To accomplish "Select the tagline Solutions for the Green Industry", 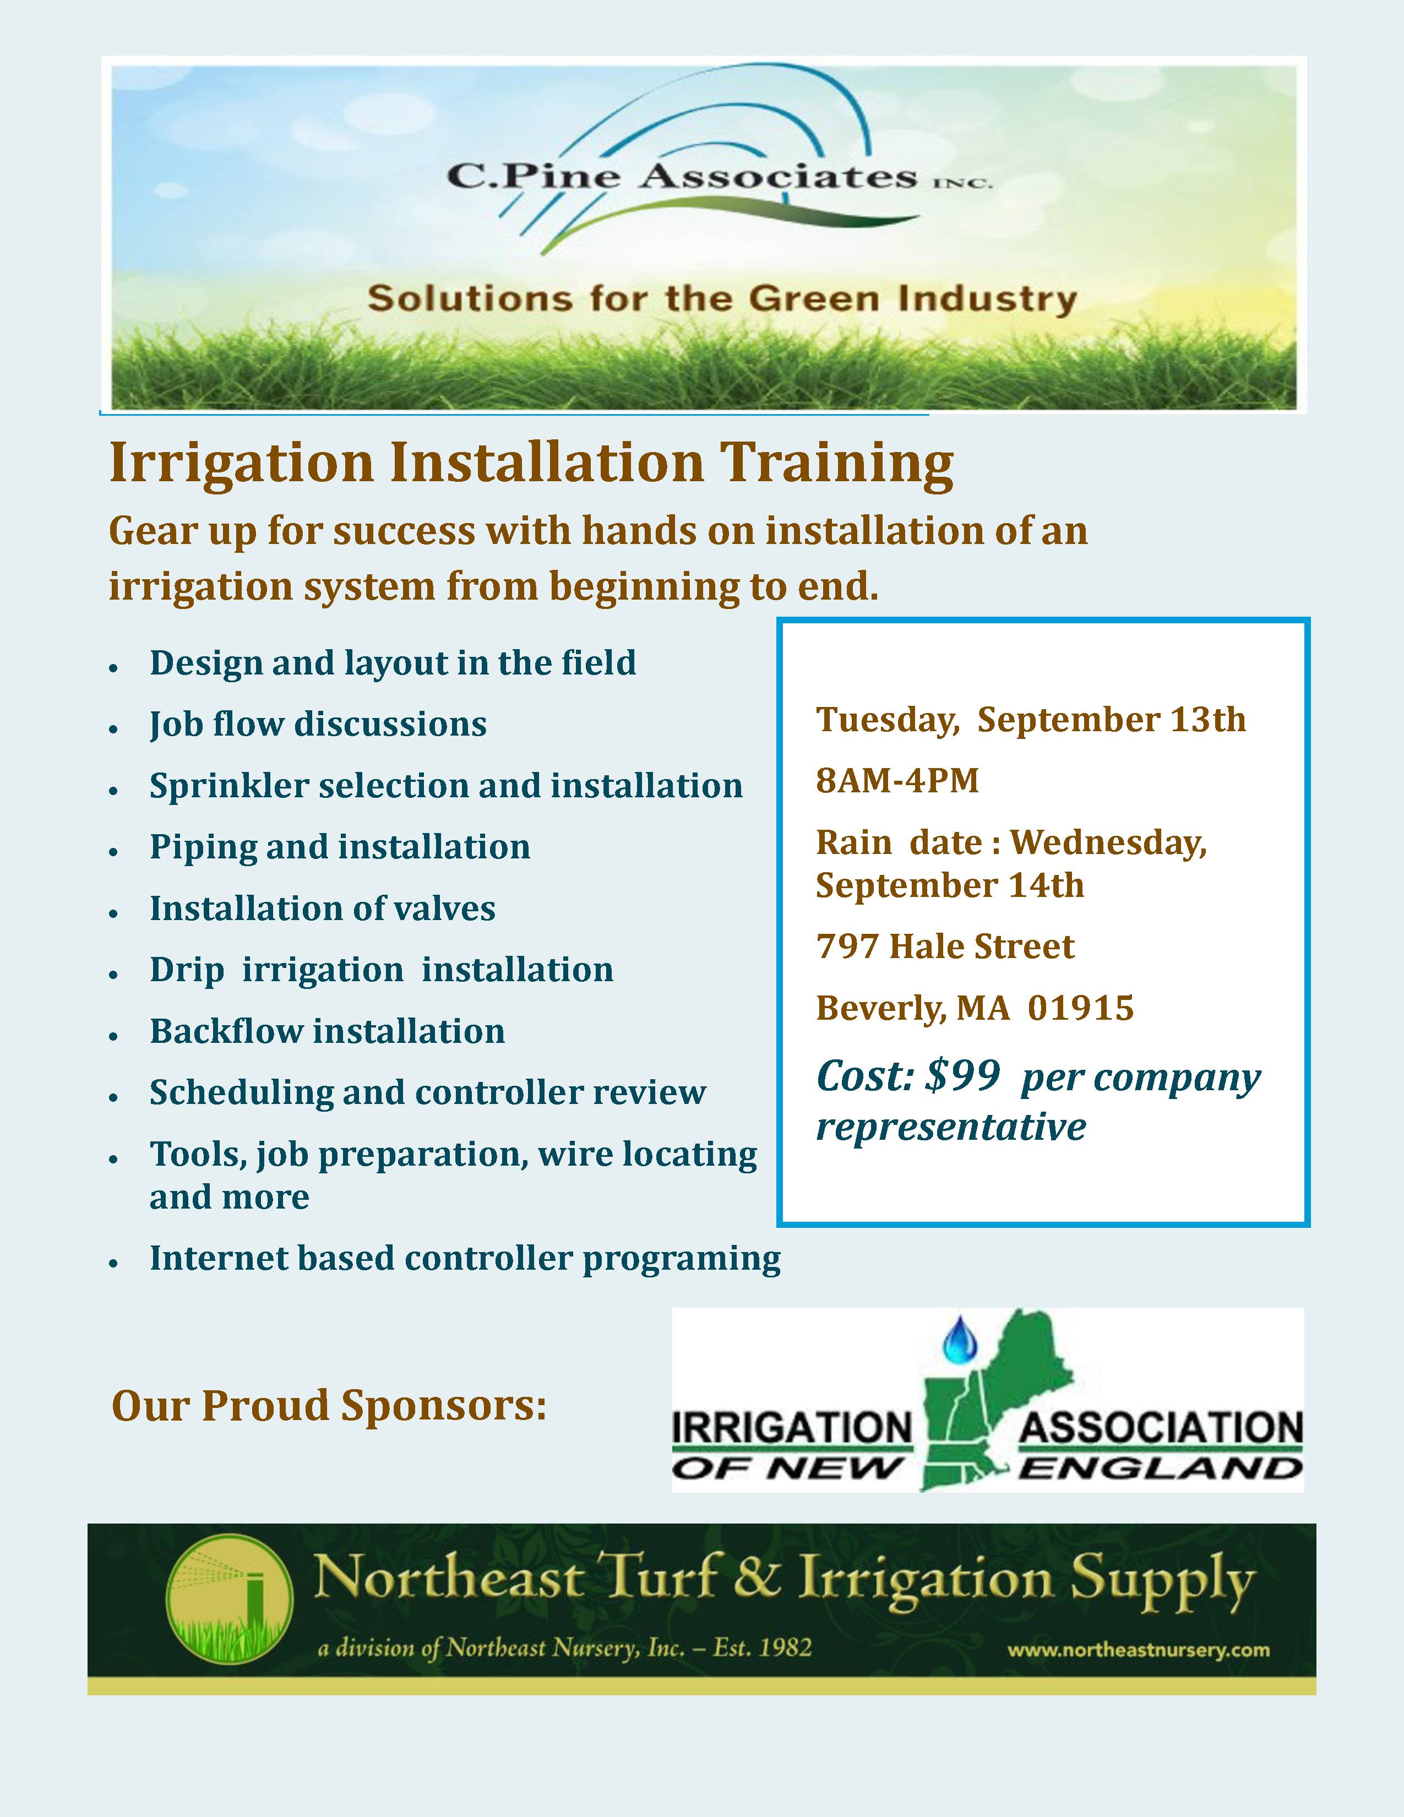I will tap(722, 298).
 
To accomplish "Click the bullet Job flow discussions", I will tap(318, 724).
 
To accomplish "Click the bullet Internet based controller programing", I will tap(465, 1258).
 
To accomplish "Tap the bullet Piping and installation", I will tap(339, 847).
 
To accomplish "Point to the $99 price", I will tap(962, 1076).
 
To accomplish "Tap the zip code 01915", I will tap(1080, 1008).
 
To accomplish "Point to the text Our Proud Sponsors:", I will tap(329, 1406).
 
